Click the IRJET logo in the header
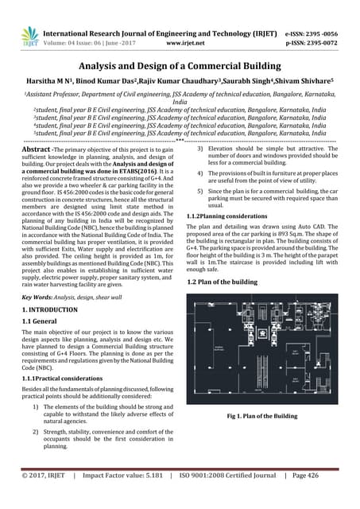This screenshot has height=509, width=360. coord(29,35)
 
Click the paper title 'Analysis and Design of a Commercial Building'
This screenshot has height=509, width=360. coord(180,70)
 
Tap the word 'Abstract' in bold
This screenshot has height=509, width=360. coord(40,149)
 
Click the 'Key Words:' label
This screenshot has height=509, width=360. coord(37,294)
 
